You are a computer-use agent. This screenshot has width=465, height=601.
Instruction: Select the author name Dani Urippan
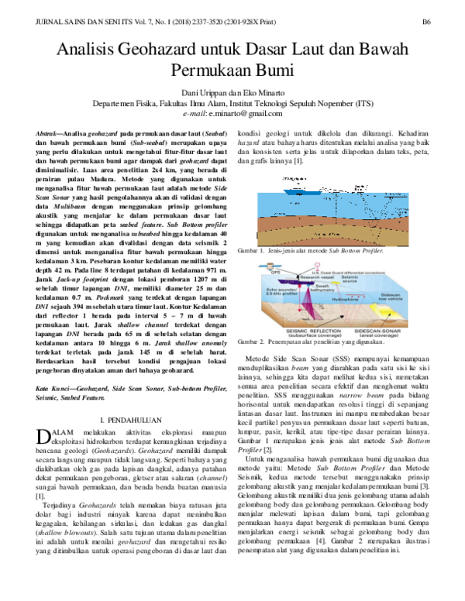click(201, 91)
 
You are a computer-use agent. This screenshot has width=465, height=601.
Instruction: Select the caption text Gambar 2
click(257, 340)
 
